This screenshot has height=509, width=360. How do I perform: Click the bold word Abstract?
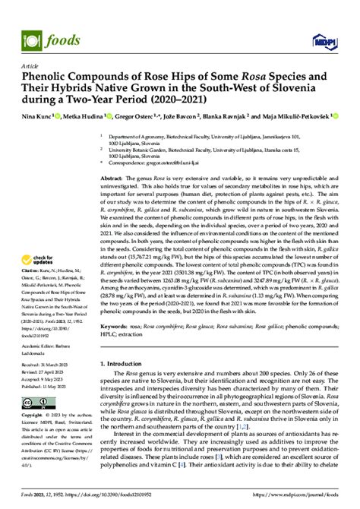pyautogui.click(x=112, y=176)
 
